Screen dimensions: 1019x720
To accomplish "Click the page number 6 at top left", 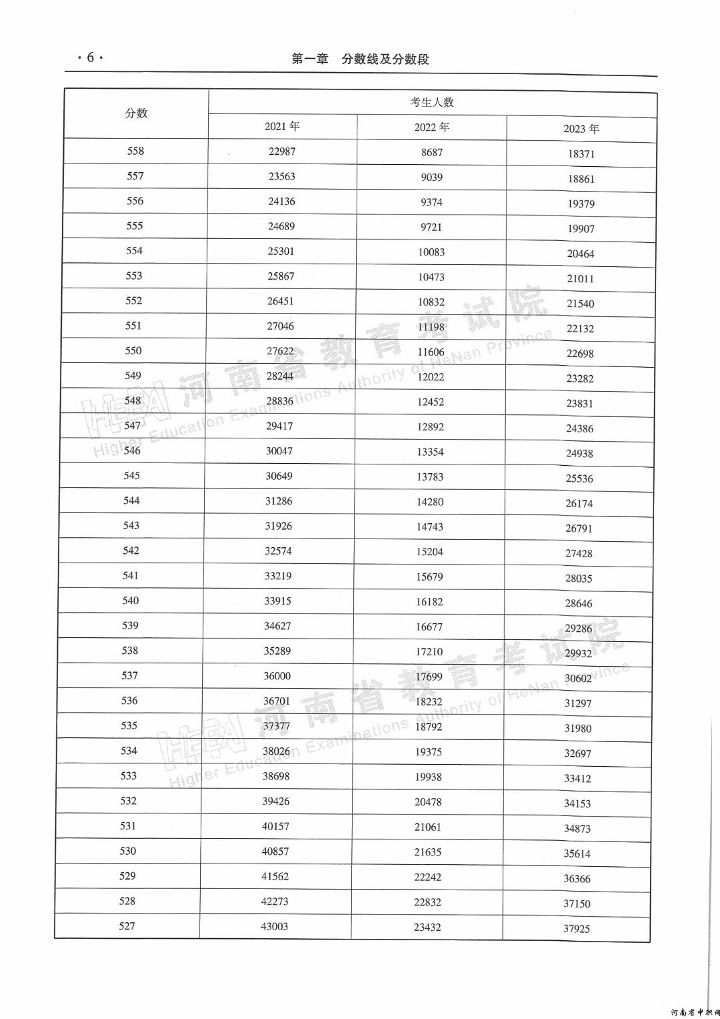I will click(90, 57).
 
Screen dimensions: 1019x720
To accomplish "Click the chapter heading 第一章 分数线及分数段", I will click(360, 59).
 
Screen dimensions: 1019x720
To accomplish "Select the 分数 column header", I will click(136, 113).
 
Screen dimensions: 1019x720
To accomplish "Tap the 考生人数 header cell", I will click(432, 102).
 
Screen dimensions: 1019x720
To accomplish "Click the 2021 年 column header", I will click(282, 126).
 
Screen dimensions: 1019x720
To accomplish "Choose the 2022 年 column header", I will click(431, 127).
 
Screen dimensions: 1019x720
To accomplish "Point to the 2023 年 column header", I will click(581, 129).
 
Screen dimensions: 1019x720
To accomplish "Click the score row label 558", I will click(135, 151).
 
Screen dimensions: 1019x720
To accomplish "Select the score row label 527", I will click(127, 926).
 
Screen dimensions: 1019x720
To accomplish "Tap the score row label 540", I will click(131, 601).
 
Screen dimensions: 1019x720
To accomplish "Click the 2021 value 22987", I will click(282, 151).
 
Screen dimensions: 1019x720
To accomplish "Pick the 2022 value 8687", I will click(431, 152).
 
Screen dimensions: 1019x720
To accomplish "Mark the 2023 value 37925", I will click(577, 928).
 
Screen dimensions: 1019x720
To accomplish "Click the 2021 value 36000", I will click(277, 676).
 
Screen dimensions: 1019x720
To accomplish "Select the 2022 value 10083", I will click(431, 252).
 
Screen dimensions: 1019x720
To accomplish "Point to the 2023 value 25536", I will click(579, 478).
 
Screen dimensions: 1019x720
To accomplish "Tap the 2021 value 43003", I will click(275, 926).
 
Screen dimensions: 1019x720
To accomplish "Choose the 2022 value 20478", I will click(428, 802).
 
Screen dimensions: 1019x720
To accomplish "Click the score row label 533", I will click(129, 775).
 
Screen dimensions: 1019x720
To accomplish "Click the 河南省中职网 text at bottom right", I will click(694, 1012).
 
